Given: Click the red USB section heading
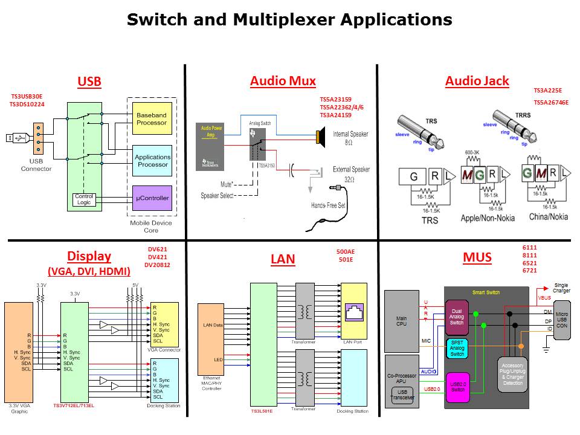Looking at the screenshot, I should click(89, 82).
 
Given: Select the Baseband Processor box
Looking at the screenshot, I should click(152, 118).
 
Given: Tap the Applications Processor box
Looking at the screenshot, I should click(152, 161).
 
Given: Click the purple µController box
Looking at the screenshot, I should click(152, 198).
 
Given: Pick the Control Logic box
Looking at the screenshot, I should click(83, 200).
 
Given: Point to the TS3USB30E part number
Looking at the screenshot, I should click(27, 96).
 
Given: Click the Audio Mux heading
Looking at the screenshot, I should click(283, 81).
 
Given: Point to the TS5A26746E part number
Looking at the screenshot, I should click(551, 103).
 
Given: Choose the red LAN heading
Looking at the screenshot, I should click(283, 259).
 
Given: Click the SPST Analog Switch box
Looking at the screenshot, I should click(457, 348).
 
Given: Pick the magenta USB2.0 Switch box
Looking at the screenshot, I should click(457, 387).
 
